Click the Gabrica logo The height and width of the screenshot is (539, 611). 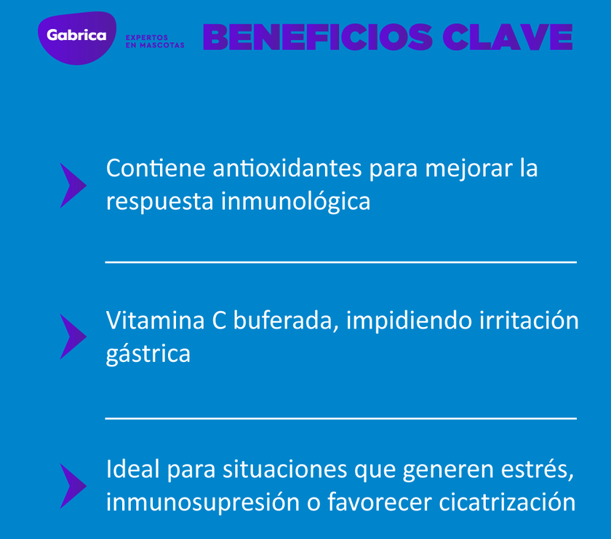[76, 36]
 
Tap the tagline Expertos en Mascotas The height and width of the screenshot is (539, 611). [155, 41]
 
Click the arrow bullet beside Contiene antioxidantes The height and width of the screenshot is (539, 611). [73, 185]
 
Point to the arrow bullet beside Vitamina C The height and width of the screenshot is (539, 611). [73, 337]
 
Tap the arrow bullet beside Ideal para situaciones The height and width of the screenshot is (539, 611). [73, 486]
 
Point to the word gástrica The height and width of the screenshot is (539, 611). [148, 355]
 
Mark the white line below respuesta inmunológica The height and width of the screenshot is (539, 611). [340, 261]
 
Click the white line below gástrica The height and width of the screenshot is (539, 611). [340, 418]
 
